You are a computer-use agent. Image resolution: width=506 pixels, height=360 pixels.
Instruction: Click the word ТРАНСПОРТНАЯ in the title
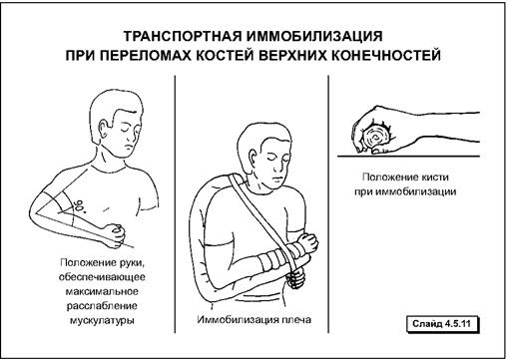click(x=183, y=36)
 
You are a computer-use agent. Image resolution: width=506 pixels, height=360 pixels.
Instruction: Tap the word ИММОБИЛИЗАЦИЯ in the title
click(x=314, y=36)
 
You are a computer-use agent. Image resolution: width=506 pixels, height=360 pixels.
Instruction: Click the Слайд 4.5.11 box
click(x=443, y=324)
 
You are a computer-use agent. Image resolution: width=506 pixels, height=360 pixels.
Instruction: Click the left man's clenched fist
click(x=115, y=235)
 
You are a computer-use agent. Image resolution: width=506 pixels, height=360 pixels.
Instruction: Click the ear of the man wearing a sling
click(x=253, y=158)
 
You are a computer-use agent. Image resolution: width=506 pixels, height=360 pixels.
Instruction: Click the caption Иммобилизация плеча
click(x=254, y=320)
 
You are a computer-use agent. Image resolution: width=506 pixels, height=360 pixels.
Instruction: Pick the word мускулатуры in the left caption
click(x=102, y=321)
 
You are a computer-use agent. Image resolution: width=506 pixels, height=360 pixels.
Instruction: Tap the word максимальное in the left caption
click(x=102, y=291)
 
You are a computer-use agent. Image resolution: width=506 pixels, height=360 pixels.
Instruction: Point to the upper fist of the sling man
click(x=306, y=243)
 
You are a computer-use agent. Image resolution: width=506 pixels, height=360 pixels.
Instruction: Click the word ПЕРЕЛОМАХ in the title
click(x=146, y=55)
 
